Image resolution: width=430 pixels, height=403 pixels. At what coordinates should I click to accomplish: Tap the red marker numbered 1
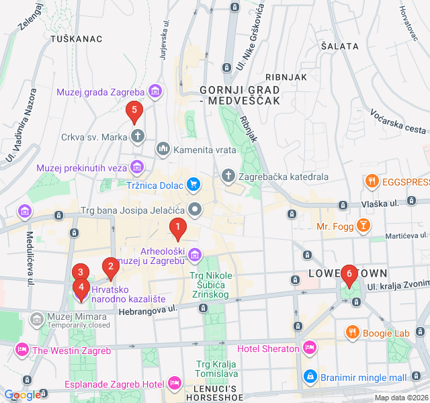click(177, 229)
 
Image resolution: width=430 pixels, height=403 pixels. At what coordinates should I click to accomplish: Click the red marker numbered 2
click(110, 268)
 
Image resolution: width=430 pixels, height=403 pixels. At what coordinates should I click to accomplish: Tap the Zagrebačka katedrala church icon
click(228, 177)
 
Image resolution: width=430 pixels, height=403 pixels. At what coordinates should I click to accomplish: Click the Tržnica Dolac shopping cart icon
click(193, 183)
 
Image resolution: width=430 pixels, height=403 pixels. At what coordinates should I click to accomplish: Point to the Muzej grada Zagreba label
click(101, 92)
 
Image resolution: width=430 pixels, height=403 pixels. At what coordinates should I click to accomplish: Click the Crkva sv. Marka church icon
click(138, 136)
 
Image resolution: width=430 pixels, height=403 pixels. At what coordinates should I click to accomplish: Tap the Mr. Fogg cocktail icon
click(363, 226)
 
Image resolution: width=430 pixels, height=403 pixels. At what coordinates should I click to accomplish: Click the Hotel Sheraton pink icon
click(309, 348)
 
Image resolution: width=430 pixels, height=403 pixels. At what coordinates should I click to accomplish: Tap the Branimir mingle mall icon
click(310, 377)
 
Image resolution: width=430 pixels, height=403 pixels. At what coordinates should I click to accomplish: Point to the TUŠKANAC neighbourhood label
click(77, 39)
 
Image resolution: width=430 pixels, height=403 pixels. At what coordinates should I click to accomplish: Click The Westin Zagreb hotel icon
click(22, 349)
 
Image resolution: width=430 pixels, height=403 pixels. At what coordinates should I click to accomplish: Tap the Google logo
click(21, 395)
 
